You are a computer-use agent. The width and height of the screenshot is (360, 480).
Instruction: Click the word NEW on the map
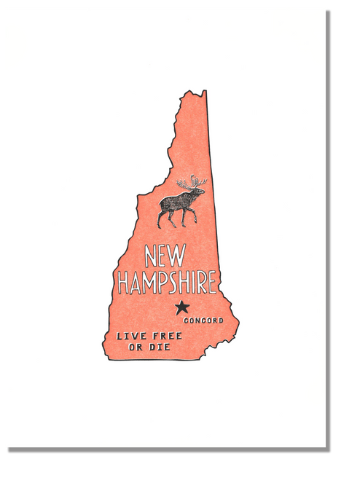[165, 256]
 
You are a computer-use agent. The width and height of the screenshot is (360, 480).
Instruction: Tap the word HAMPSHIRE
[168, 283]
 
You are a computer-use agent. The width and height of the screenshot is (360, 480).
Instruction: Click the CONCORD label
[203, 320]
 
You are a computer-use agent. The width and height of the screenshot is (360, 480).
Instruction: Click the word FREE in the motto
[155, 336]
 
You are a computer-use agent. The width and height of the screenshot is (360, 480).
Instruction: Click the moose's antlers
[193, 181]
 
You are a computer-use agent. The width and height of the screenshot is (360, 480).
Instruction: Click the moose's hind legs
[163, 218]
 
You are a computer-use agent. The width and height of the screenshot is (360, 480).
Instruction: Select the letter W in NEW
[179, 256]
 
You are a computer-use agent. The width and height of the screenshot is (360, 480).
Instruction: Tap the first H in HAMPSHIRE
[125, 283]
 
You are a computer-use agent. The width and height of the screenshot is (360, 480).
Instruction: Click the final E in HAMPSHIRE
[212, 283]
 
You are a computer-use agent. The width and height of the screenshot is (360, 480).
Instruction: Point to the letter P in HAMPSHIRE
[163, 283]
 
